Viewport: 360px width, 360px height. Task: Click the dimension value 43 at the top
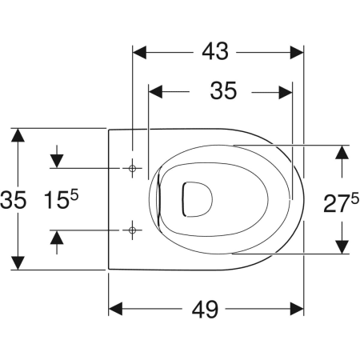(215, 52)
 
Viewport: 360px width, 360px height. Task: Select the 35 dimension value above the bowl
(223, 92)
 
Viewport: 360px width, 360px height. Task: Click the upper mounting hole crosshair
(132, 169)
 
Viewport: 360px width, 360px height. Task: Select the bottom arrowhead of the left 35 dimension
(17, 262)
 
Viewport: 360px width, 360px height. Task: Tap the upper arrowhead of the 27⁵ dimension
(342, 154)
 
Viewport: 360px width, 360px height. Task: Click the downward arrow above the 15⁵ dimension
(57, 161)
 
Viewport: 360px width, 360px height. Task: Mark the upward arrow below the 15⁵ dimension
(57, 238)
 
